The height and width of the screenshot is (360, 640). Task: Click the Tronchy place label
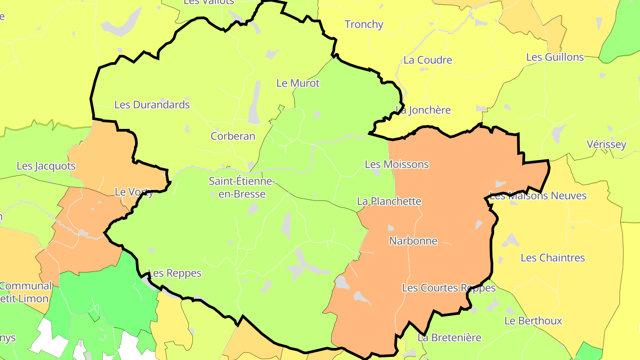pyautogui.click(x=364, y=24)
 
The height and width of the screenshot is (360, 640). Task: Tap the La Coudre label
pyautogui.click(x=428, y=60)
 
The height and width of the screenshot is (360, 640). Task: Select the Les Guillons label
pyautogui.click(x=555, y=57)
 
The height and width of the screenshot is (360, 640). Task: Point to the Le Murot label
pyautogui.click(x=298, y=83)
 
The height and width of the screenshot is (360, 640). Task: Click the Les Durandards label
pyautogui.click(x=152, y=105)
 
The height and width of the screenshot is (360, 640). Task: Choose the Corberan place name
pyautogui.click(x=233, y=136)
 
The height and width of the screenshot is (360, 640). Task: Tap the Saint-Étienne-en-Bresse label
pyautogui.click(x=242, y=188)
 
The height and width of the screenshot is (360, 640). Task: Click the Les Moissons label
pyautogui.click(x=396, y=164)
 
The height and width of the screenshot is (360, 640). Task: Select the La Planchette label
pyautogui.click(x=389, y=201)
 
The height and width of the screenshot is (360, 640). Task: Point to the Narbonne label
pyautogui.click(x=413, y=241)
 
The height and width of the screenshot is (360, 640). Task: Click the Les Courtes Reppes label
pyautogui.click(x=448, y=288)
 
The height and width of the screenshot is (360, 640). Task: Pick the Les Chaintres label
pyautogui.click(x=552, y=258)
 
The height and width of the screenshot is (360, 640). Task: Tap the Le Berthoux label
pyautogui.click(x=533, y=321)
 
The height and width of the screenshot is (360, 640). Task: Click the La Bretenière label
pyautogui.click(x=449, y=338)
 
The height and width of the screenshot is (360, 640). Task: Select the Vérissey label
pyautogui.click(x=606, y=144)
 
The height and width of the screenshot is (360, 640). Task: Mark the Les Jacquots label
pyautogui.click(x=46, y=166)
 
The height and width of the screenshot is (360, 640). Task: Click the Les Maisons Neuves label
pyautogui.click(x=538, y=196)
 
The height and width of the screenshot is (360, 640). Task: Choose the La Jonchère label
pyautogui.click(x=424, y=110)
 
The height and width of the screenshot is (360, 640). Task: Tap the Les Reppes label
pyautogui.click(x=175, y=273)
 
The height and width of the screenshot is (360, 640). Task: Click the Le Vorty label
pyautogui.click(x=134, y=192)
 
